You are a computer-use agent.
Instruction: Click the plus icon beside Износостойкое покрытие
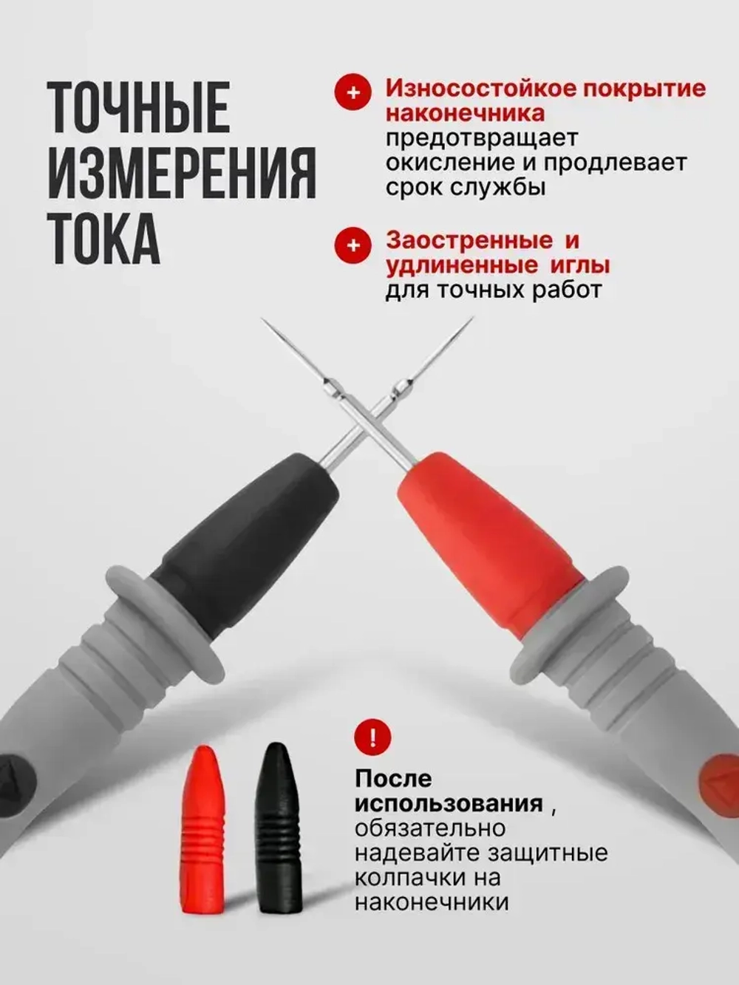(353, 92)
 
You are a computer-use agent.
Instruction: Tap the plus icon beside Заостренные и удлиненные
(353, 245)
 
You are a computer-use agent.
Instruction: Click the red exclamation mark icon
(372, 737)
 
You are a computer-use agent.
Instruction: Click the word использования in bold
(449, 803)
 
